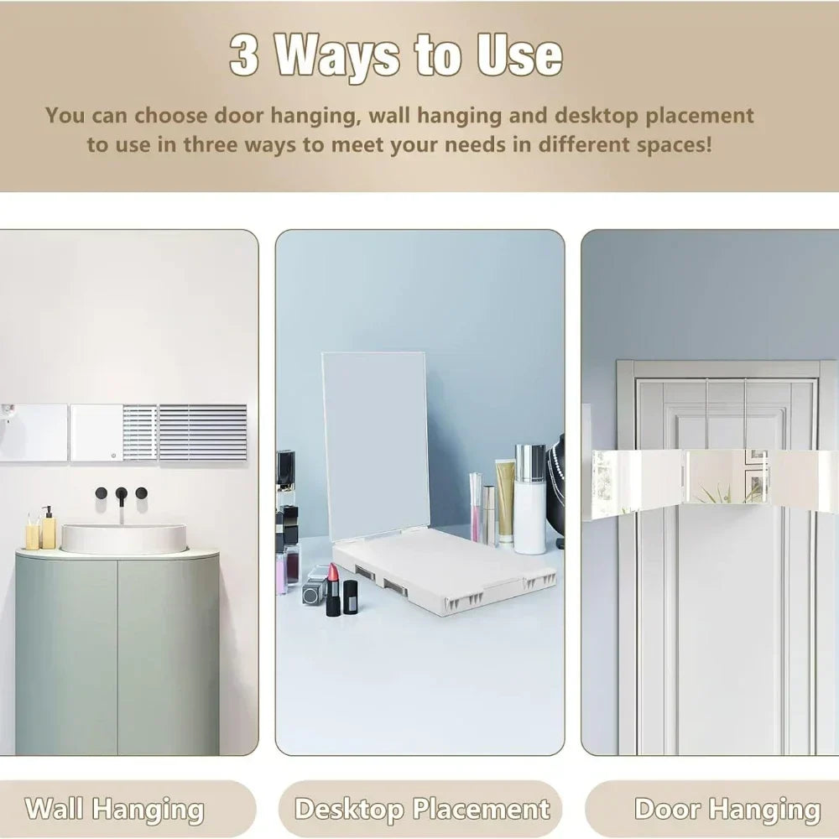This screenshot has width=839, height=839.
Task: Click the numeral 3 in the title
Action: pos(244,55)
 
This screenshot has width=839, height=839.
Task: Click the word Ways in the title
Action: pos(337,58)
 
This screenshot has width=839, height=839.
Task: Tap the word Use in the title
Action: pos(519,55)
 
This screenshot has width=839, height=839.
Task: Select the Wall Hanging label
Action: pos(114,809)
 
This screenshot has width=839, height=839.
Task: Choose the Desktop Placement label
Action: pos(422,809)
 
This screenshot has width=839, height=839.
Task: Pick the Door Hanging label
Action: pos(727,809)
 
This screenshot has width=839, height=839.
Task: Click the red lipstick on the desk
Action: pos(333,589)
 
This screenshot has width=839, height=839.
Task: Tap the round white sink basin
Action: pos(123,538)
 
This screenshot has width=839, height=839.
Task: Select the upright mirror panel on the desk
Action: pos(375,446)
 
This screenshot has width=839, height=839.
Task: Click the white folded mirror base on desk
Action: pos(443,571)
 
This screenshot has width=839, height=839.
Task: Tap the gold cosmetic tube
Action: pos(504,502)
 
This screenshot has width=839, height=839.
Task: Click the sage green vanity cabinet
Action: pos(117,653)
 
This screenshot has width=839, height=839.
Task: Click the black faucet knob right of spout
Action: pos(141,492)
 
